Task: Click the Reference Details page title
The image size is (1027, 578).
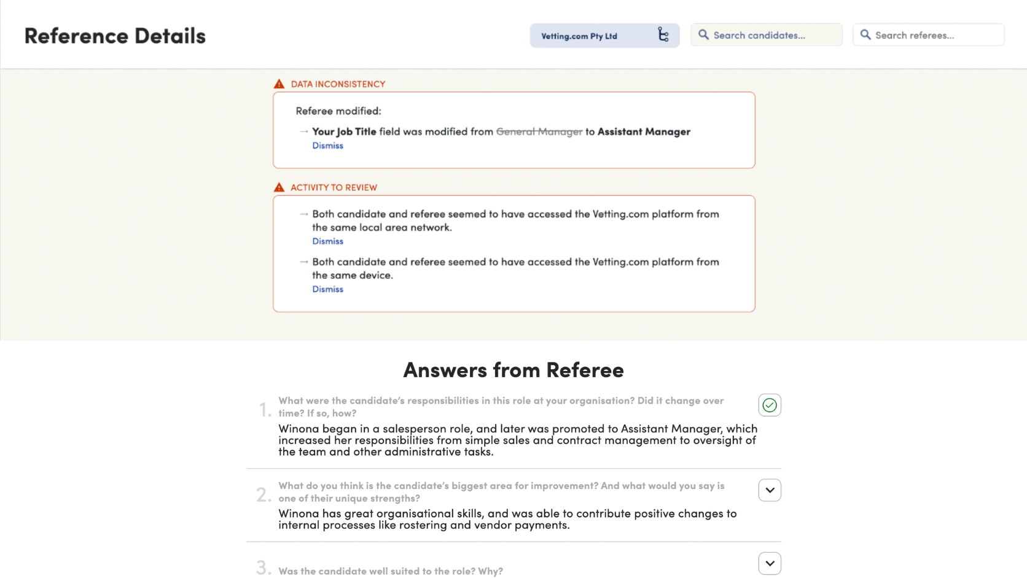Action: (x=115, y=36)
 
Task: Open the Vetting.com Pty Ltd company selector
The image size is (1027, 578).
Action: (x=604, y=36)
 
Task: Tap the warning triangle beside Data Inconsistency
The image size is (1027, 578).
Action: (x=279, y=84)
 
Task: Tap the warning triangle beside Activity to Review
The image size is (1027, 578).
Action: (x=279, y=187)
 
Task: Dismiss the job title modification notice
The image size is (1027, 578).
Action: (x=327, y=146)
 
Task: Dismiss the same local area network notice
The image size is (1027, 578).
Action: (x=327, y=241)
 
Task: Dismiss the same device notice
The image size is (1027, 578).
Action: (x=327, y=289)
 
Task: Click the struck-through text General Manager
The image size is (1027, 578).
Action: (x=539, y=131)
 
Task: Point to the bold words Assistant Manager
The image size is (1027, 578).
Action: (x=644, y=131)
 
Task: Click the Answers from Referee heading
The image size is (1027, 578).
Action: (x=513, y=370)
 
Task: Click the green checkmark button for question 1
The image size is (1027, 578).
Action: (x=770, y=405)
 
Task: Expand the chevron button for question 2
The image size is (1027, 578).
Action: (x=770, y=490)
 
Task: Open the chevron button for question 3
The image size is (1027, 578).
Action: (x=770, y=563)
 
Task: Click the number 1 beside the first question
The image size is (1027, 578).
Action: (x=264, y=410)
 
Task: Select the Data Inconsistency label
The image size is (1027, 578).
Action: (x=338, y=84)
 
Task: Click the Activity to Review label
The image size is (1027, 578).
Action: (x=334, y=187)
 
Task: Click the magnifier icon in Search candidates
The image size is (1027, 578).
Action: (x=703, y=35)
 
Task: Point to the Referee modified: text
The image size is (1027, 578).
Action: (x=338, y=111)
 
